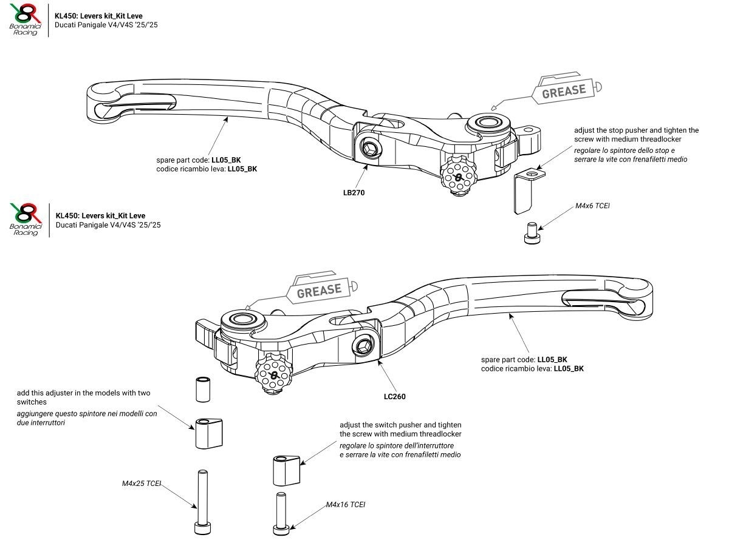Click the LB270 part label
click(354, 192)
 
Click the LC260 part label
click(395, 396)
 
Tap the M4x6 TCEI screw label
click(592, 206)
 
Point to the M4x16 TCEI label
click(346, 505)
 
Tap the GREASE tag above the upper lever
click(564, 91)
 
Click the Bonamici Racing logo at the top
click(25, 19)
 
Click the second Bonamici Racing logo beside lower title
click(25, 220)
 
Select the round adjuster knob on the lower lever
click(273, 376)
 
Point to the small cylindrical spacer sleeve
click(203, 389)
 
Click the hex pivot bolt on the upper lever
click(371, 148)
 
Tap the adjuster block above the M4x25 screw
click(207, 433)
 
